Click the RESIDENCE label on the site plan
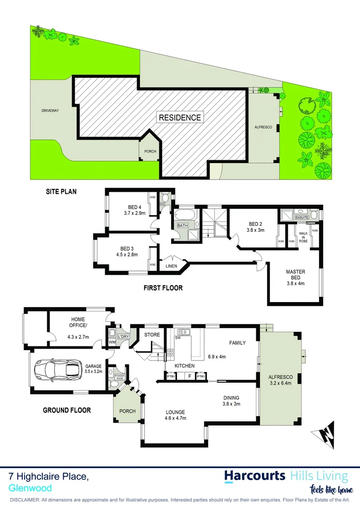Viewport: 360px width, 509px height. coord(180,117)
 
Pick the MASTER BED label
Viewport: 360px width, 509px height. coord(296,274)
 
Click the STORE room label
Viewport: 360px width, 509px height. coord(152,335)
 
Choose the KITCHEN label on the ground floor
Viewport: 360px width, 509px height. coord(185,366)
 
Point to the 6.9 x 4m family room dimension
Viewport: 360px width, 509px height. coord(216,357)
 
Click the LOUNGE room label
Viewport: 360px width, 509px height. coord(175,411)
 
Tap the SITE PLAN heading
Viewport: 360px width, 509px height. coord(61,192)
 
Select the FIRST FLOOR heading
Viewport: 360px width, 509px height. coord(164,287)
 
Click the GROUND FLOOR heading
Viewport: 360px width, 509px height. coord(67,410)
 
